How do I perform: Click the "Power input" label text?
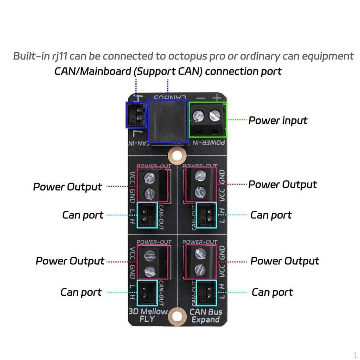(x=278, y=121)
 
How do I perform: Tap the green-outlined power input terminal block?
(x=208, y=120)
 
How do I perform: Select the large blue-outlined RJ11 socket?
(x=168, y=121)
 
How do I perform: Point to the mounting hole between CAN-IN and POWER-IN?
(x=176, y=154)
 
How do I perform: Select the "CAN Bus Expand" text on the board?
(x=206, y=315)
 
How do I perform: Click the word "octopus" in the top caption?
(x=191, y=56)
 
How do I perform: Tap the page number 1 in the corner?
(x=355, y=354)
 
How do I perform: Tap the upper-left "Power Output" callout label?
(x=67, y=187)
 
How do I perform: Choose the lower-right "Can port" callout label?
(x=272, y=292)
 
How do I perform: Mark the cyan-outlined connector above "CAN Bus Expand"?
(x=206, y=292)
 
